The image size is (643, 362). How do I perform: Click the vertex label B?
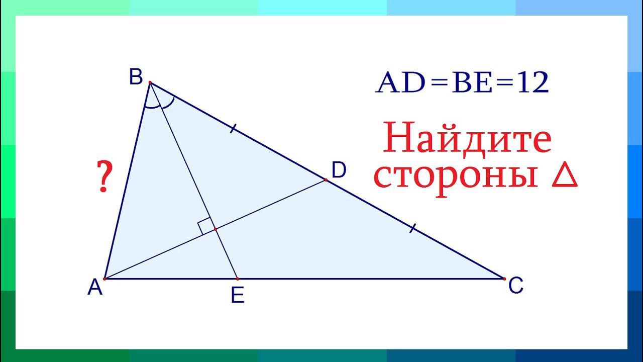pos(136,78)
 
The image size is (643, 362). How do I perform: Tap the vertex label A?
pos(95,288)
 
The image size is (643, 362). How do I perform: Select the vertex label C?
pos(516,287)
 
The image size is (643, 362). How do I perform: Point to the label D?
pos(339,171)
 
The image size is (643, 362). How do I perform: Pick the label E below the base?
pos(238,296)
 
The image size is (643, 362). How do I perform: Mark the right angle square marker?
pos(205,226)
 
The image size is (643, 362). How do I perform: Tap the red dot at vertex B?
pos(150,82)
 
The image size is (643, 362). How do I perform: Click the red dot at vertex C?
pos(503,278)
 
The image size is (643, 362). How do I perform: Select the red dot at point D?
pos(326,179)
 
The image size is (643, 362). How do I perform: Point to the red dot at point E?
pos(237,278)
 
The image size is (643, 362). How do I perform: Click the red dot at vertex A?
pos(104,278)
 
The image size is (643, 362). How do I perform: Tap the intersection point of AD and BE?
pos(216,229)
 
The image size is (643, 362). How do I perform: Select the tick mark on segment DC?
pos(412,229)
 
